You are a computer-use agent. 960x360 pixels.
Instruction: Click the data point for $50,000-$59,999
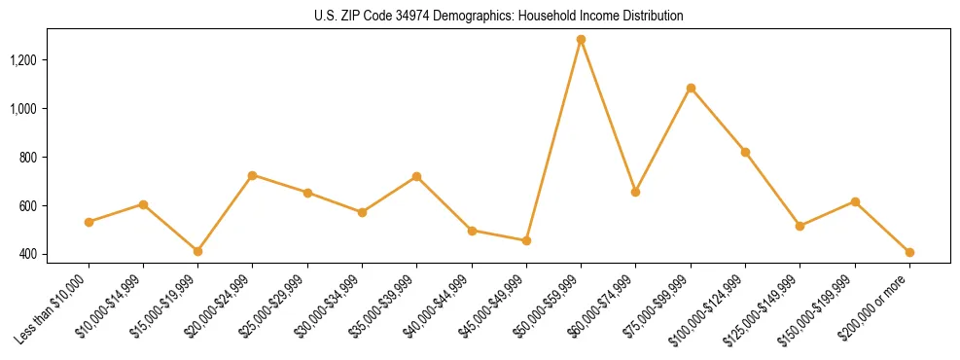(581, 40)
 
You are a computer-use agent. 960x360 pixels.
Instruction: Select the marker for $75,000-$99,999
(691, 89)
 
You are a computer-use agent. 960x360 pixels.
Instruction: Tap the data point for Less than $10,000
(89, 222)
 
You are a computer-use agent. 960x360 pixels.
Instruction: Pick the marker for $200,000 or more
(909, 252)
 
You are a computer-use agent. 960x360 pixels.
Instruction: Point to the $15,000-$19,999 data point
(197, 251)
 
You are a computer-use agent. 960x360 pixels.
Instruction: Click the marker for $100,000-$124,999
(745, 152)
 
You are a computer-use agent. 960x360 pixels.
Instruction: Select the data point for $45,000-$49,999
(526, 240)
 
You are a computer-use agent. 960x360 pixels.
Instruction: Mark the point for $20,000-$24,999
(252, 175)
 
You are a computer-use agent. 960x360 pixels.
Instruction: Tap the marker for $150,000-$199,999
(855, 201)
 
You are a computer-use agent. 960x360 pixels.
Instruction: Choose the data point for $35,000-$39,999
(416, 176)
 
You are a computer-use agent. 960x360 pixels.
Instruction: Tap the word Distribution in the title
(653, 17)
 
